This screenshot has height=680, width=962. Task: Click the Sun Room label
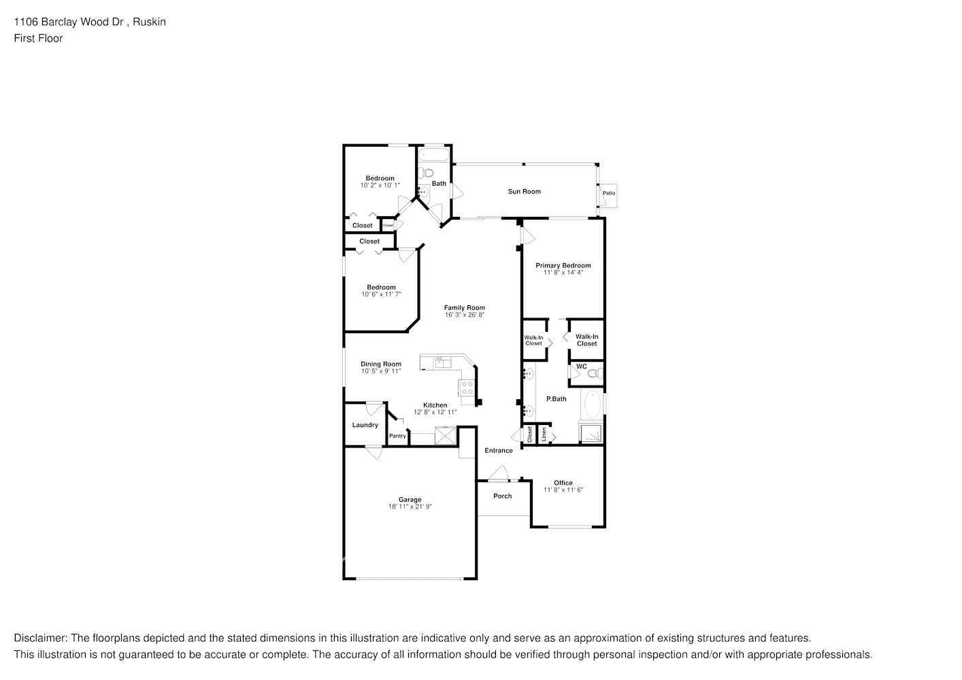(524, 192)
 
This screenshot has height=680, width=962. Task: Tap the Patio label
(608, 193)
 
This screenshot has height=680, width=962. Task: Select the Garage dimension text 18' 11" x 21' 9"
(410, 507)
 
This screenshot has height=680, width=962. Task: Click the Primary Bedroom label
(563, 265)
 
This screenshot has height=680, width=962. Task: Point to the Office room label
(563, 483)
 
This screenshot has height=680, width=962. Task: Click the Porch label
(502, 496)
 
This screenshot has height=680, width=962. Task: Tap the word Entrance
(498, 450)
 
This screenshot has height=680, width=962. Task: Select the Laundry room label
(365, 425)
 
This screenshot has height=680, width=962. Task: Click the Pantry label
(397, 436)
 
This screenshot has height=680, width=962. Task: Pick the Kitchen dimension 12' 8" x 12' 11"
(435, 412)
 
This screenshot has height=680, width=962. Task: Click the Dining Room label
(380, 364)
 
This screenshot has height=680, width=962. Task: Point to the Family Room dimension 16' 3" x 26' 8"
(465, 315)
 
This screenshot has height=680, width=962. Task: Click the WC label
(581, 367)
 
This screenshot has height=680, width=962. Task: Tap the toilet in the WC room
(595, 373)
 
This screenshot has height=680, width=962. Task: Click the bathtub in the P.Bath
(592, 405)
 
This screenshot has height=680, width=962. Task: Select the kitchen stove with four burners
(467, 388)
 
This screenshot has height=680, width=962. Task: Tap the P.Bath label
(556, 398)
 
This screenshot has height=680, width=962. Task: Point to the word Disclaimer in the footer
(39, 638)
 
